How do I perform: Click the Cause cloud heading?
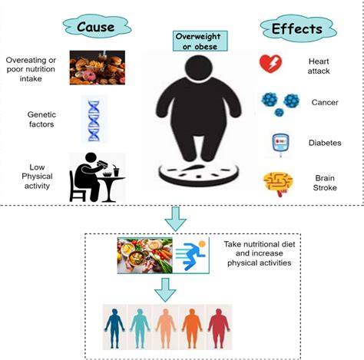coord(97,27)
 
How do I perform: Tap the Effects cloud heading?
coord(298,28)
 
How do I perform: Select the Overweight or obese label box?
coord(200,41)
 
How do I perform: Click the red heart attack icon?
coord(270,64)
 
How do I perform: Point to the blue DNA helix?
coord(94,121)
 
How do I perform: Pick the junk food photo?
coord(98,68)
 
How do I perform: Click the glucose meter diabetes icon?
coord(280,144)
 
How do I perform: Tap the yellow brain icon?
coord(278,183)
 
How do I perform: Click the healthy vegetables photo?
coord(145,256)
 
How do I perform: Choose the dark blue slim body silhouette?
coord(114,328)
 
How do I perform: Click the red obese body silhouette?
coord(218,328)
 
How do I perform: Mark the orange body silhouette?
coord(192,328)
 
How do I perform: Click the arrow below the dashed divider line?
coord(175,219)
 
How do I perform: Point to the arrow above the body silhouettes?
coord(165,290)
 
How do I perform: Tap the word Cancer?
coord(325,102)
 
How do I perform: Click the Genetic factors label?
coord(41,119)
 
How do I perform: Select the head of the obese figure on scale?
coord(198,68)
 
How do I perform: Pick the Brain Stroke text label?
coord(325,183)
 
